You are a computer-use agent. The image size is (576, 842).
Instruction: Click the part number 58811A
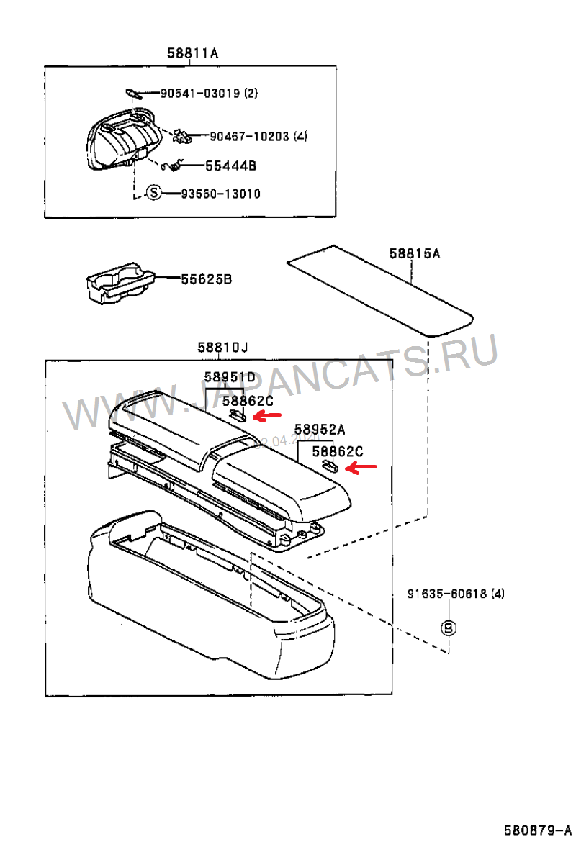[192, 53]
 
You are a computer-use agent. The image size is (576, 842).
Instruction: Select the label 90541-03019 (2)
[208, 93]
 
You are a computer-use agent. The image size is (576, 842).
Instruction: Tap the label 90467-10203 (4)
[258, 136]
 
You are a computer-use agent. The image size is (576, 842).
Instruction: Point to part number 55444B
[230, 166]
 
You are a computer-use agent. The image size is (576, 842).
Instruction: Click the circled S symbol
[153, 194]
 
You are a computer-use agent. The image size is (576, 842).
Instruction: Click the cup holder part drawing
[119, 285]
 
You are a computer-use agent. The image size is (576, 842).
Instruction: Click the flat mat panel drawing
[379, 290]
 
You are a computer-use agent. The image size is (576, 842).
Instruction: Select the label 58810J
[222, 348]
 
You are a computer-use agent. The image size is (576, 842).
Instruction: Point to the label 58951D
[229, 376]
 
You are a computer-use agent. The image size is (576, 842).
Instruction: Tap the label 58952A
[320, 430]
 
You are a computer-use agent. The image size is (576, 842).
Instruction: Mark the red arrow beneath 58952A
[361, 468]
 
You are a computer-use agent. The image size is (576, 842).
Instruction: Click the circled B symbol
[448, 628]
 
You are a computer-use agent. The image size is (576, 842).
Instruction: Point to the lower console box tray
[209, 605]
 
